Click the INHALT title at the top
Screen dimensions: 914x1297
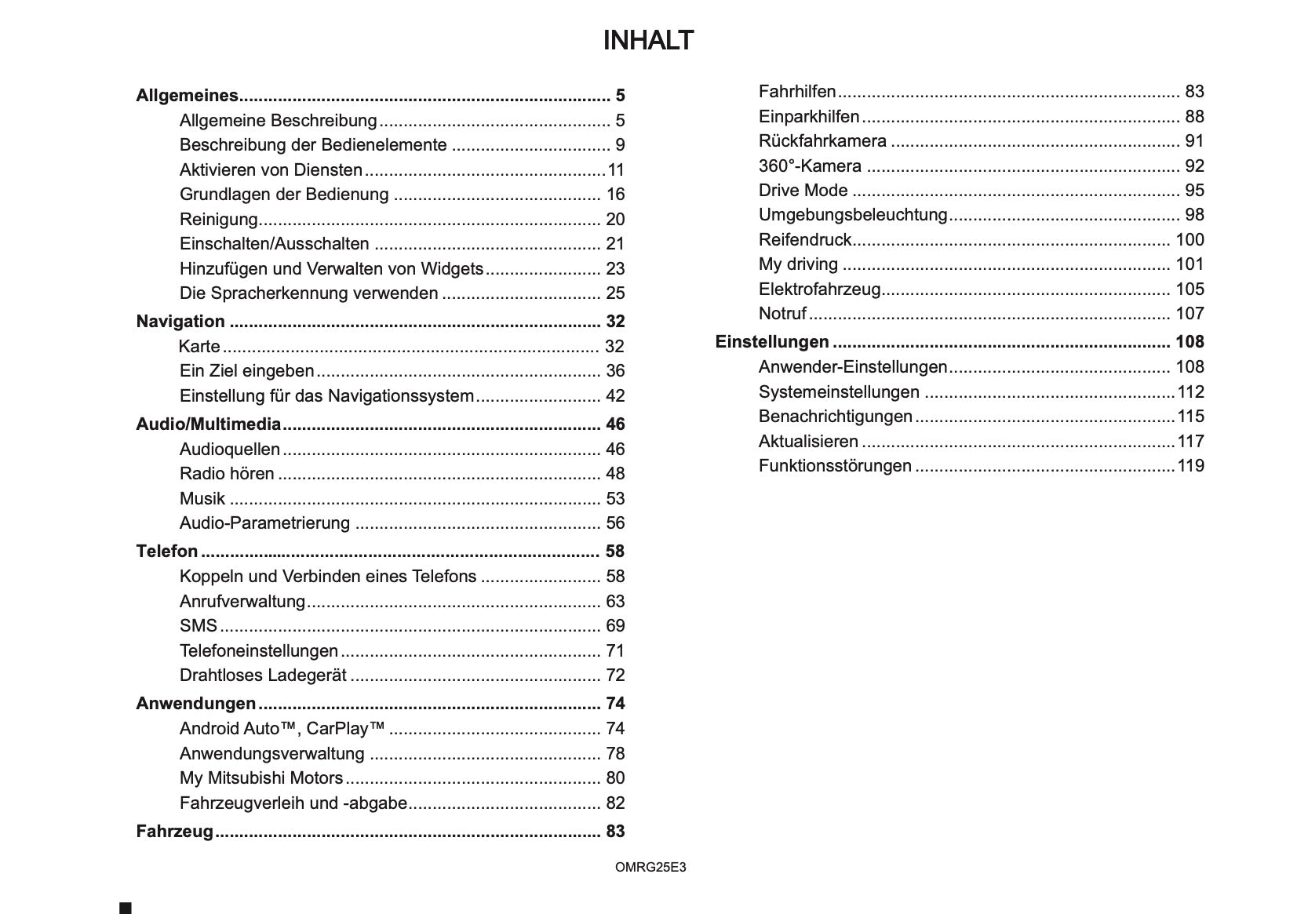(x=648, y=41)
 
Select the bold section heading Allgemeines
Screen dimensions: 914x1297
(x=187, y=96)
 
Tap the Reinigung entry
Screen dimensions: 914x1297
(x=218, y=220)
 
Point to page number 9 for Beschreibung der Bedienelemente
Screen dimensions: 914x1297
(x=620, y=145)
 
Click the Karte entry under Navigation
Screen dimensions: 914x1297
(x=199, y=347)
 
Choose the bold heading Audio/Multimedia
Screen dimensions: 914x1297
(x=208, y=424)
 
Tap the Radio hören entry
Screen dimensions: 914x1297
(x=227, y=474)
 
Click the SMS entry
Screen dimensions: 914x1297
(x=198, y=626)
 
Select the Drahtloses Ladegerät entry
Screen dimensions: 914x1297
(x=263, y=675)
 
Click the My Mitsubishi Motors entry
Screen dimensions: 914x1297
(x=261, y=778)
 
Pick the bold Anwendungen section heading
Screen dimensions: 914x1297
(x=196, y=704)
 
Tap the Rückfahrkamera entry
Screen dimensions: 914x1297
(x=822, y=141)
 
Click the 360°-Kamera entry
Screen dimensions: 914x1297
(x=810, y=166)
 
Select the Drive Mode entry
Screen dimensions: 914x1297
(x=803, y=191)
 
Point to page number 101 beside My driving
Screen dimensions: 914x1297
(x=1190, y=264)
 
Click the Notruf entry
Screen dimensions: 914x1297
(x=782, y=314)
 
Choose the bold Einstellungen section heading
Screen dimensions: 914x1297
(x=772, y=342)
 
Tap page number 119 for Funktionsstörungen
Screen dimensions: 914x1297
(x=1190, y=466)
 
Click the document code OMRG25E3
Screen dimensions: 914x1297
(x=650, y=867)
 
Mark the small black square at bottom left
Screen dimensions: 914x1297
(x=126, y=908)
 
